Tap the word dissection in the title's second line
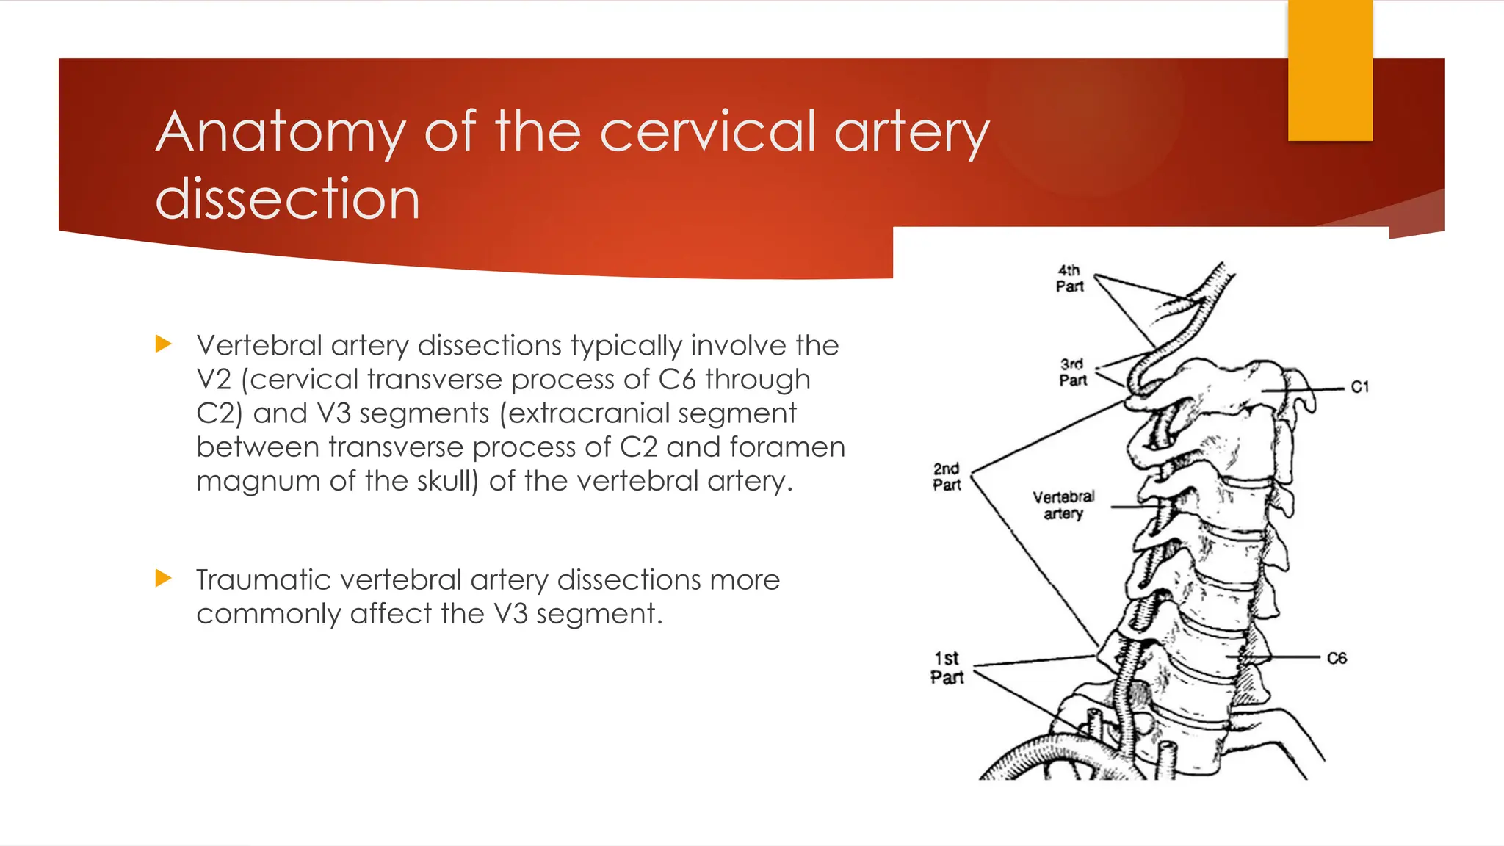coord(287,199)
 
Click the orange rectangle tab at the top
coord(1330,70)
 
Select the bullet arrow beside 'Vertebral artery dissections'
coord(164,344)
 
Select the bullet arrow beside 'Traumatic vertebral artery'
coord(164,579)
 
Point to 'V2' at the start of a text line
coord(214,380)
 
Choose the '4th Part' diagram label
coord(1070,279)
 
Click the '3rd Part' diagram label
coord(1072,372)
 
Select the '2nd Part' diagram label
coord(947,477)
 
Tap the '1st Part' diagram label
coord(947,668)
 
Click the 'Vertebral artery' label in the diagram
coord(1063,505)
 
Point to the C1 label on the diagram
coord(1359,387)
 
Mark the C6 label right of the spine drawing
coord(1337,658)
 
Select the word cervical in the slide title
coord(709,133)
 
